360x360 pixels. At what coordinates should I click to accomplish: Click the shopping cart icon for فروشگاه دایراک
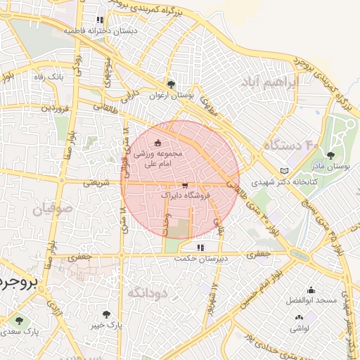pos(185,186)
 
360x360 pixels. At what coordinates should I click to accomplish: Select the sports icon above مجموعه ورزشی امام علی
pos(157,143)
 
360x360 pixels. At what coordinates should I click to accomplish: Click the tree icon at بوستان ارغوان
pos(171,84)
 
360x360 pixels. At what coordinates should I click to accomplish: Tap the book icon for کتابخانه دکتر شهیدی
pos(284,171)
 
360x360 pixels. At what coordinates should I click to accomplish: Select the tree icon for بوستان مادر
pos(331,155)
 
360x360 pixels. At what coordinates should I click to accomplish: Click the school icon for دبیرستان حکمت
pos(201,247)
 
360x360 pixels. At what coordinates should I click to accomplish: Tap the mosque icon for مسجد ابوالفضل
pos(311,290)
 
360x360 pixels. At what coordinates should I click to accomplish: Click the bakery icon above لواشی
pos(300,318)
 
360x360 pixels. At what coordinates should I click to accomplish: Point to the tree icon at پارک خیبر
pos(106,314)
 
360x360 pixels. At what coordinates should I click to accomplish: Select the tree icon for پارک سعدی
pos(19,321)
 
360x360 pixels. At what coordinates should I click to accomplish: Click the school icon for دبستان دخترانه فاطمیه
pos(100,20)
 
